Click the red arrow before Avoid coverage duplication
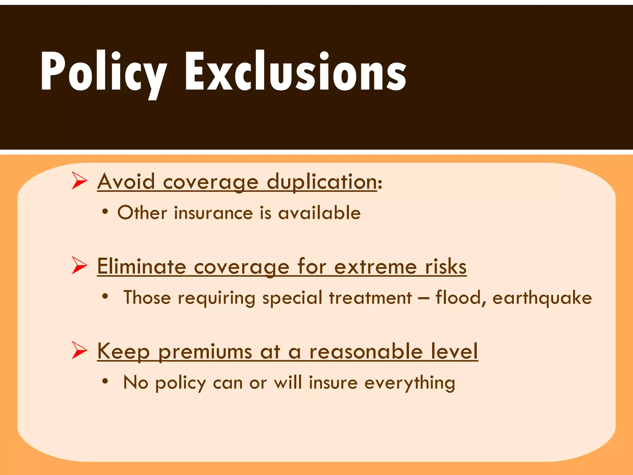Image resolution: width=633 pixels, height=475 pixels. [x=79, y=181]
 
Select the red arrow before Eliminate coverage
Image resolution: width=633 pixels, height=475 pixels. [x=79, y=265]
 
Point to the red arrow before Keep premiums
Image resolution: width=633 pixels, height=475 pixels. [x=79, y=350]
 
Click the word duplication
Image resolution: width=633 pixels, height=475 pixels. [x=321, y=182]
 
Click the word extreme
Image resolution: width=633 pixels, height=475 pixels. [x=375, y=267]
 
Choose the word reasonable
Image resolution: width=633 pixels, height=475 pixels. [x=366, y=351]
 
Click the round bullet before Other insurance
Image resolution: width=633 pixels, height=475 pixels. [x=105, y=212]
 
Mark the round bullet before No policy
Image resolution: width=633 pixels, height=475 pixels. [x=105, y=381]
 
